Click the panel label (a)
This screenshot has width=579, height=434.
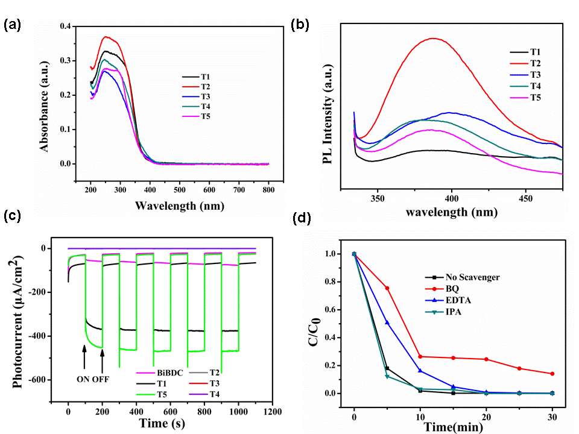click(x=13, y=25)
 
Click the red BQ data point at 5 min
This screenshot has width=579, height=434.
click(x=387, y=288)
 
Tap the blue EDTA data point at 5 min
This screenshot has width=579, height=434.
click(x=387, y=323)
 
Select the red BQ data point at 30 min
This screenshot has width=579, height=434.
click(x=552, y=374)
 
